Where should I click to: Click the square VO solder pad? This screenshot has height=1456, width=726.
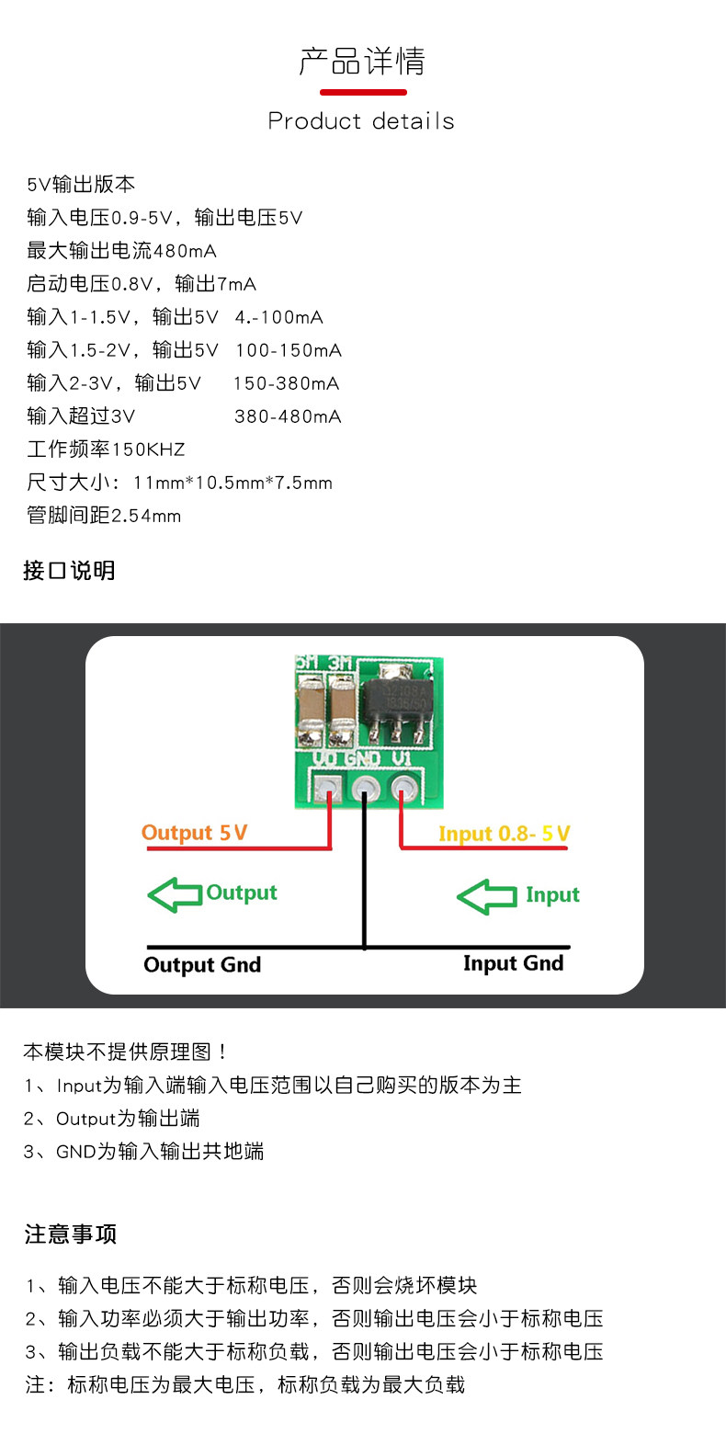[328, 788]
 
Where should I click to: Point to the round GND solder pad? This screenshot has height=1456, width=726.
[366, 788]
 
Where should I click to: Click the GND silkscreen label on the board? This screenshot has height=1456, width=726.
[362, 758]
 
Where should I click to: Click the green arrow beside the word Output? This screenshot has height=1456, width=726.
[175, 894]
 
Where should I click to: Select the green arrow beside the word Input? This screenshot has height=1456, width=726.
[486, 896]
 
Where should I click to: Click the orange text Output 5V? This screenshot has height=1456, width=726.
[194, 833]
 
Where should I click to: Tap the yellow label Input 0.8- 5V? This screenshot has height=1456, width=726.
[504, 834]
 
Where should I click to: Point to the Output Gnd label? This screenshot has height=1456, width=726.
[202, 964]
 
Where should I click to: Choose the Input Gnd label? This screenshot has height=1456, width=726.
[513, 962]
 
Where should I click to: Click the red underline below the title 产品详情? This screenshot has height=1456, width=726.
[363, 92]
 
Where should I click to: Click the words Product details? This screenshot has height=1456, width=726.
[361, 121]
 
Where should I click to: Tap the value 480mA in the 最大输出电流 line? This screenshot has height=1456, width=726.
[185, 251]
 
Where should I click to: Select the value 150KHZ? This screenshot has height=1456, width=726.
[148, 449]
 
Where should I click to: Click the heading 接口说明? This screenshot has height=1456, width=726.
[69, 571]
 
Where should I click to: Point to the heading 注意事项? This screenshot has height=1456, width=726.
[71, 1234]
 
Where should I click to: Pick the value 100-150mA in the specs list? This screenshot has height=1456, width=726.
[289, 350]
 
